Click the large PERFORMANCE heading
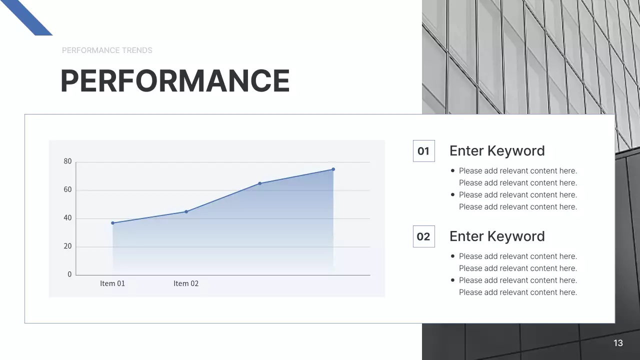175,80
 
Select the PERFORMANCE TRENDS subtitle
107,50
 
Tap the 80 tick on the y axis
68,161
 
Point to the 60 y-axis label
68,190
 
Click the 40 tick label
68,218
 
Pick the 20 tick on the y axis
68,246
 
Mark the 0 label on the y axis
70,274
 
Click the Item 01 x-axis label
112,283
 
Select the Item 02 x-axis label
186,283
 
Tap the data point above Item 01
112,223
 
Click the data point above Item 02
186,211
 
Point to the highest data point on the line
333,169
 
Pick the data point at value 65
259,183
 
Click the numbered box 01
423,151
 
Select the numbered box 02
423,236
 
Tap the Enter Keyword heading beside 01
497,151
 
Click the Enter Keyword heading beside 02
497,236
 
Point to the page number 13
618,343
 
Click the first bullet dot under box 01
453,170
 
